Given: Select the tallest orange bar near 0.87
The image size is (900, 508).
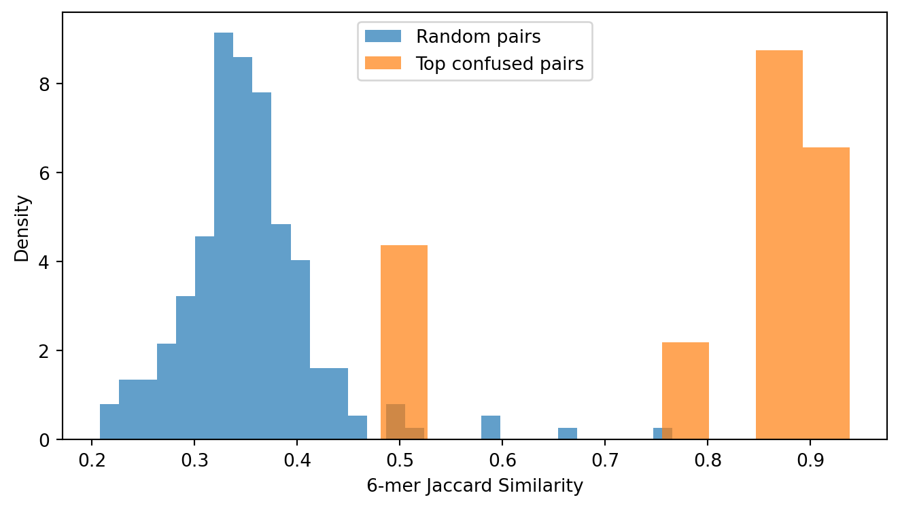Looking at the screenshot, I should (x=779, y=244).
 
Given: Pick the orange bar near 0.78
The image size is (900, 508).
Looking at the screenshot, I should (x=685, y=391).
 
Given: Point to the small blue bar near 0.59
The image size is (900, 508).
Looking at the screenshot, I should (x=491, y=428).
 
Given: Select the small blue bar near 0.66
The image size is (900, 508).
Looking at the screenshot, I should (x=568, y=434).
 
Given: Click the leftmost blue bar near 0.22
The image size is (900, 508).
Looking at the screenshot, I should (x=109, y=422).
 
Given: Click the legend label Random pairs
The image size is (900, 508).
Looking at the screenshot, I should (x=478, y=37).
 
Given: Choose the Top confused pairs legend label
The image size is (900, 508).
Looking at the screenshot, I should (x=500, y=64).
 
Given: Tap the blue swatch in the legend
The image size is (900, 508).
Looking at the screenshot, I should (x=383, y=36).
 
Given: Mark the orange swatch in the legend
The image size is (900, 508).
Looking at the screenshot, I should (x=383, y=63).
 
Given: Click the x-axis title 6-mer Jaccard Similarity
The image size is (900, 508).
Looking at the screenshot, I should (x=474, y=486).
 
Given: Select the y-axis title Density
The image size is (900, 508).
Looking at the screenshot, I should (x=22, y=228).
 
